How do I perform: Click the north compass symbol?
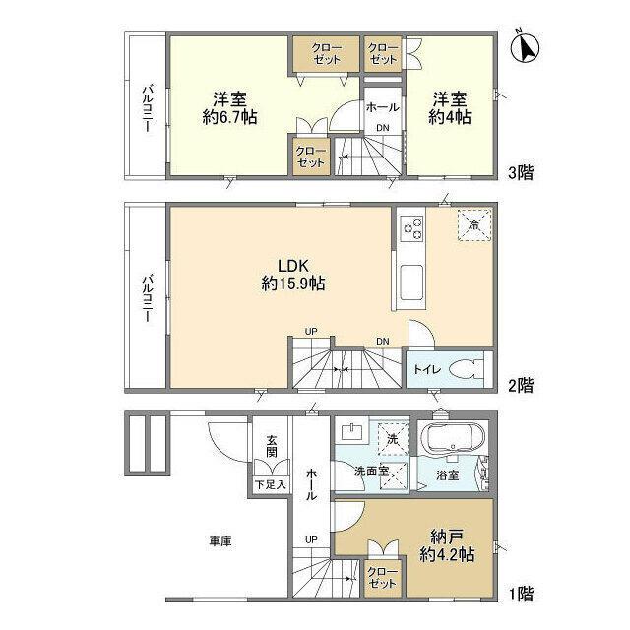coord(525,47)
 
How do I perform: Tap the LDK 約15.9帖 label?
coord(293,275)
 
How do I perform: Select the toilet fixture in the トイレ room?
coord(467,368)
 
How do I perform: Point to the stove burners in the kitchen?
coord(412,227)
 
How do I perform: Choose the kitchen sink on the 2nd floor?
coord(411,283)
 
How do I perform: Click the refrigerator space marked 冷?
coord(474,224)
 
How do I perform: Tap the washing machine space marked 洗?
coord(393,439)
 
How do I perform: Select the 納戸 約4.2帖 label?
coord(447,544)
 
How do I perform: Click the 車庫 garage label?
coord(220,541)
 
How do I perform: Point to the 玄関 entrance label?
coord(272,446)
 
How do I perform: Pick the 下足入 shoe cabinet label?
coord(271,484)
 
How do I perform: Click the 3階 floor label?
coord(521,173)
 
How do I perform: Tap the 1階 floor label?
coord(522,594)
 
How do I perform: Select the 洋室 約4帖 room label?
coord(450,107)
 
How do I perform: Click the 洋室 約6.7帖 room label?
coord(229,107)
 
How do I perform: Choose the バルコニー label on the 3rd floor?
coord(148,107)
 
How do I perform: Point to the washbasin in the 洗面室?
coord(352,433)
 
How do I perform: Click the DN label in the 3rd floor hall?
coord(383,128)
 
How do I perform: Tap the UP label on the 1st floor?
coord(311,539)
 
